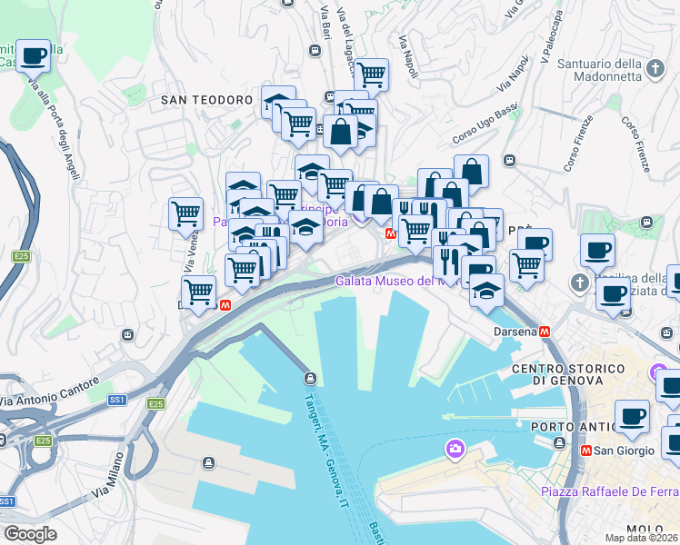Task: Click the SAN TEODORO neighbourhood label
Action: coord(206,99)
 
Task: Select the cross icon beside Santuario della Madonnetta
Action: coord(655,67)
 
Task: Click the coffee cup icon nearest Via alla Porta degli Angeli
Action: coord(34,56)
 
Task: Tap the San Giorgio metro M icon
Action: coord(587,449)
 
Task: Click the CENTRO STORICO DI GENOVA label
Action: coord(568,374)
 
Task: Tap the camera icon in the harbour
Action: coord(455,449)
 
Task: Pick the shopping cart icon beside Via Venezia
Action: coord(185,214)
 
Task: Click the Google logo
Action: coord(30,534)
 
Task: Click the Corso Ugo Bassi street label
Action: coord(485,122)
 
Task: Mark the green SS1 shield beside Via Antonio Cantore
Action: coord(117,400)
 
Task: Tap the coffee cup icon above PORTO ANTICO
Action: coord(632,417)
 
